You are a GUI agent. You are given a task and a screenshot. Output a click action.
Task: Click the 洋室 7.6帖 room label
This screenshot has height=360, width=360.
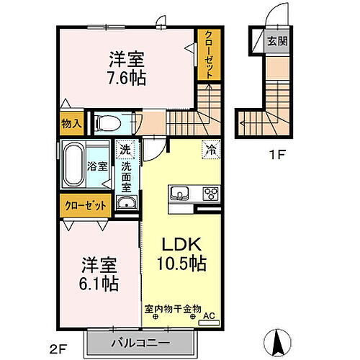pyautogui.click(x=127, y=67)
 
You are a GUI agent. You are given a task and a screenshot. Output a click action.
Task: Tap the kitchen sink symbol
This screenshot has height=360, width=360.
pyautogui.click(x=180, y=194)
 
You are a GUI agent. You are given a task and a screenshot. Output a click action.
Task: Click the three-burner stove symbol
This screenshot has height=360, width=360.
pyautogui.click(x=212, y=193)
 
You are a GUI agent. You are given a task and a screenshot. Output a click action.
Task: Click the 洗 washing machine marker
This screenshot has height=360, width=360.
pyautogui.click(x=126, y=150)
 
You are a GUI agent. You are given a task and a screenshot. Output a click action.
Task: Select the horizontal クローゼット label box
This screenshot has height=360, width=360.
pyautogui.click(x=84, y=205)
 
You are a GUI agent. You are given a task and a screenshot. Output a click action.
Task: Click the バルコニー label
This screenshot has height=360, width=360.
pyautogui.click(x=140, y=342)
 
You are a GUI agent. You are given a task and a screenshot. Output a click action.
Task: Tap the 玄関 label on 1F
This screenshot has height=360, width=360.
pyautogui.click(x=276, y=41)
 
